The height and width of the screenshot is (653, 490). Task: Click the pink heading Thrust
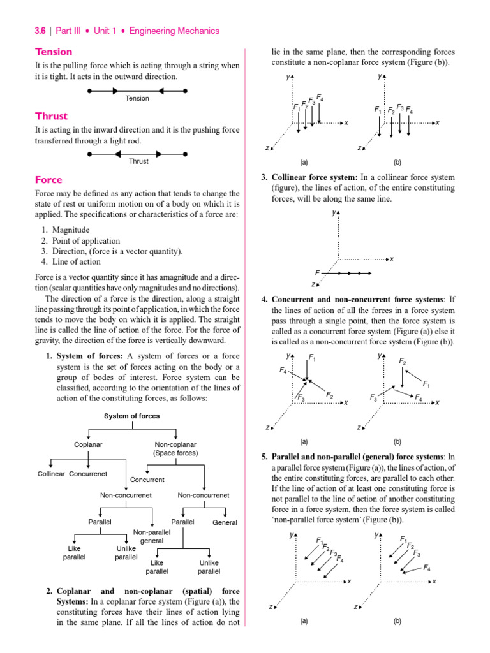[x=51, y=116]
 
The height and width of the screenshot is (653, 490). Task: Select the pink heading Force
[x=48, y=180]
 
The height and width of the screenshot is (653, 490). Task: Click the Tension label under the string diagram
[x=137, y=98]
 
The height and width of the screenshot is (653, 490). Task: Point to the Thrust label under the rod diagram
[x=138, y=161]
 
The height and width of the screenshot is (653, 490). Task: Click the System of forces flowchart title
[x=132, y=416]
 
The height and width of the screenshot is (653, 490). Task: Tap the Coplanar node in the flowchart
[x=89, y=444]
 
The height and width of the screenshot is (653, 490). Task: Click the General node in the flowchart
[x=225, y=522]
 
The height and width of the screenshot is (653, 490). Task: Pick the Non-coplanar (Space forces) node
[x=175, y=449]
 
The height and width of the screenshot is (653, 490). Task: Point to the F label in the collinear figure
[x=317, y=272]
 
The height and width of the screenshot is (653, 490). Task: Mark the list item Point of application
[x=86, y=240]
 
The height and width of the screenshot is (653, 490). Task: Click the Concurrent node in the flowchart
[x=147, y=480]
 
